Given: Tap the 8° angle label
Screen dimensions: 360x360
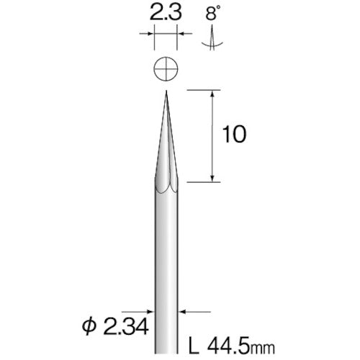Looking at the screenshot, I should pyautogui.click(x=211, y=12).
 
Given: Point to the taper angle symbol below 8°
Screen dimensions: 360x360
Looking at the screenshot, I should pyautogui.click(x=211, y=40).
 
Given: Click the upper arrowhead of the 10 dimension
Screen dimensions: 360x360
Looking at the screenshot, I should pyautogui.click(x=213, y=94).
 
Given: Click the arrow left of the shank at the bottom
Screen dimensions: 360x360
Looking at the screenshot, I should pyautogui.click(x=148, y=311).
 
